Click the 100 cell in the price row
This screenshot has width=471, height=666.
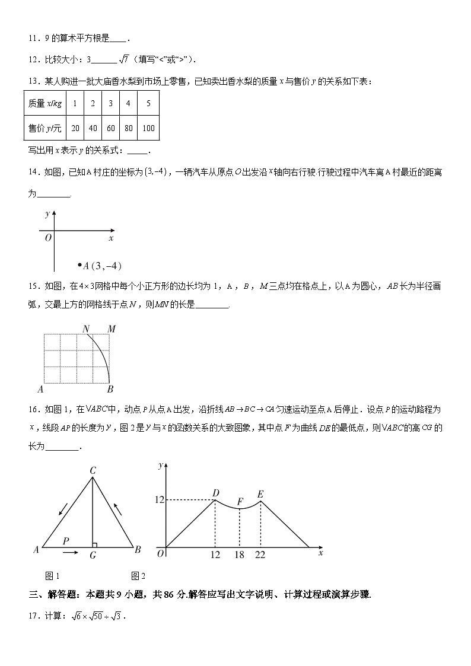pos(148,128)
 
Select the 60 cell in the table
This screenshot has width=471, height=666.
pos(110,128)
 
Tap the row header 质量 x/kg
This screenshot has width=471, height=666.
pos(44,103)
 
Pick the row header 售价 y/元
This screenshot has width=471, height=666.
pos(44,128)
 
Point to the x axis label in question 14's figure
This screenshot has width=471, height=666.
pos(111,238)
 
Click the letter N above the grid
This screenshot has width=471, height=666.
pos(86,329)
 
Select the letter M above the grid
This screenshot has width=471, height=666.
pos(111,329)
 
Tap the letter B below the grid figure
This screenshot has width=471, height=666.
pos(110,390)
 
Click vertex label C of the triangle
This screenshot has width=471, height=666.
pos(93,470)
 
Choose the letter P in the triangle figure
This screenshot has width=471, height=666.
pos(66,540)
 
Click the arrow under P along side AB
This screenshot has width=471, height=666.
pos(69,552)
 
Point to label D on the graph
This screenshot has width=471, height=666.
pos(215,493)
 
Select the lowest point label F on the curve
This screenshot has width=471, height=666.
pos(240,501)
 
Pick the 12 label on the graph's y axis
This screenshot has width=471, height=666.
pos(159,500)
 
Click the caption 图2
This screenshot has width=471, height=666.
pos(138,575)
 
